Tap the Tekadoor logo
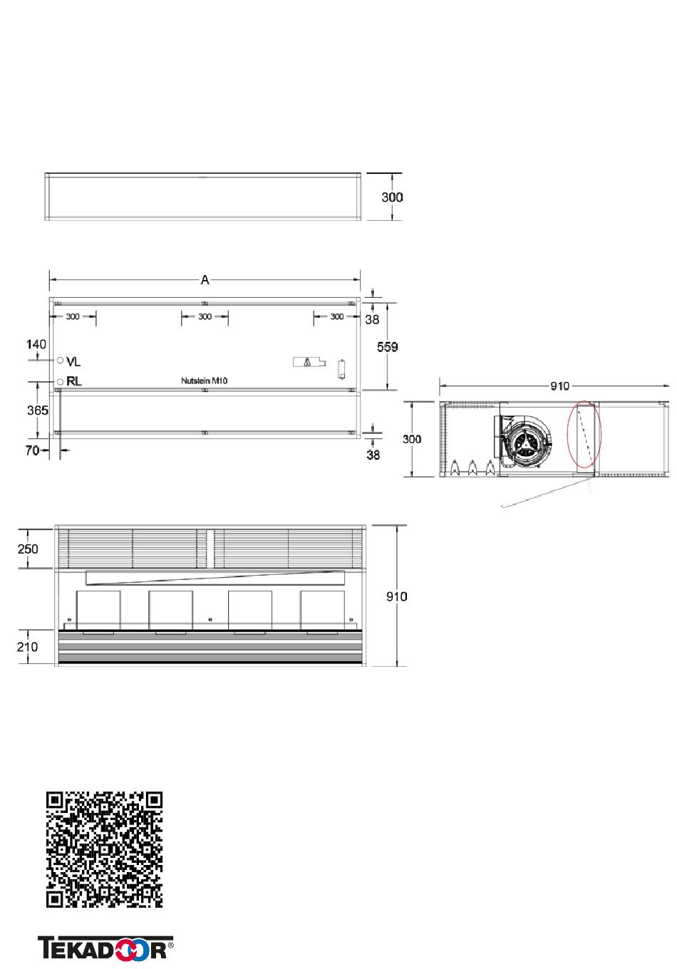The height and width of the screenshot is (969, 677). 105,948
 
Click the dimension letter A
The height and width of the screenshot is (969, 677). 205,280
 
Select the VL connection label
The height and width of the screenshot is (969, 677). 73,361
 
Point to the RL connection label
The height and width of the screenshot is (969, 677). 74,382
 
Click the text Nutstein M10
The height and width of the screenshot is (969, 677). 205,380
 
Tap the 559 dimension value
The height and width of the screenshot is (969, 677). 387,347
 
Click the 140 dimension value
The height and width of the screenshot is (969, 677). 36,344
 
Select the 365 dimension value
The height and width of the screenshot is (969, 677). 38,410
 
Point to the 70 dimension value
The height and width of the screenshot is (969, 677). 32,451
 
